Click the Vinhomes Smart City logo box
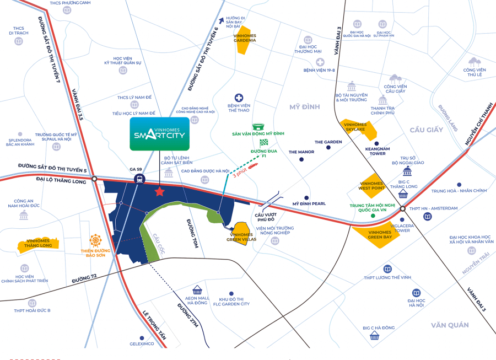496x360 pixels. tap(159, 134)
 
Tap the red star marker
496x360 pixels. tap(160, 192)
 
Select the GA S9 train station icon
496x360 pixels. tap(139, 179)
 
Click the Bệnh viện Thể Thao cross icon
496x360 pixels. tap(239, 97)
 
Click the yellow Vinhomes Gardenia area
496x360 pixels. tap(242, 40)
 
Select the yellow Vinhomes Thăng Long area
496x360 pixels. tap(35, 246)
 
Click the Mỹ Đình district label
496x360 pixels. tap(304, 106)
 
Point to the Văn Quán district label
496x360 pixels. tap(450, 325)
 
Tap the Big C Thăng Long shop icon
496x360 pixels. tap(403, 194)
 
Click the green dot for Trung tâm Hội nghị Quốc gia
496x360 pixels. tap(374, 216)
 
